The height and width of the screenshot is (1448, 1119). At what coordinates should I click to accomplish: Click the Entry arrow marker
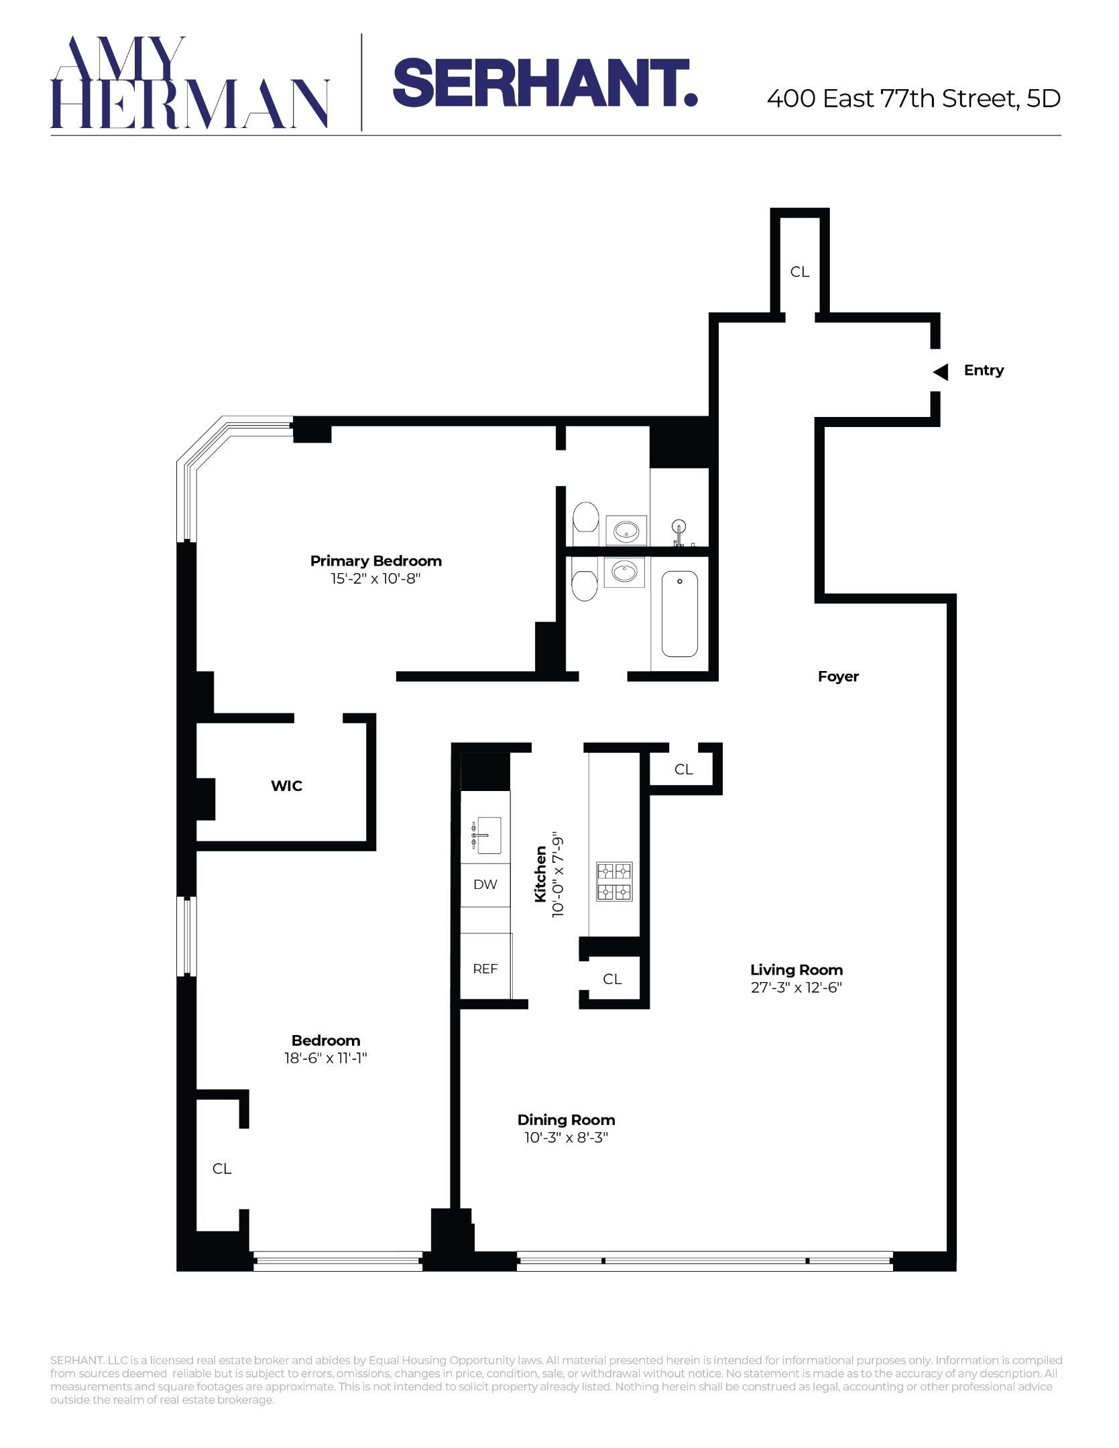tap(941, 371)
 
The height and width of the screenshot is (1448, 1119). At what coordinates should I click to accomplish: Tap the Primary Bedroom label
tap(375, 561)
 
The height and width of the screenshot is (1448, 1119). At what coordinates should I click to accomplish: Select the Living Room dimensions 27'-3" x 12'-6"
tap(796, 987)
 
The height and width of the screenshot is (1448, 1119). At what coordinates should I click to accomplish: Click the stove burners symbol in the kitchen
tap(614, 882)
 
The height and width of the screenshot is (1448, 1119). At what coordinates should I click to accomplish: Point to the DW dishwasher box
tap(485, 885)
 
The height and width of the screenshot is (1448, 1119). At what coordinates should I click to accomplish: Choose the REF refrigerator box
tap(485, 969)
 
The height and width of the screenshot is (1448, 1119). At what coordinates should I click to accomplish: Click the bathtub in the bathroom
tap(679, 613)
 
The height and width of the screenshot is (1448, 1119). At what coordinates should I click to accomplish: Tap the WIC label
tap(286, 786)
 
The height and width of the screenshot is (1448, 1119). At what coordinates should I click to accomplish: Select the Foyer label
tap(837, 676)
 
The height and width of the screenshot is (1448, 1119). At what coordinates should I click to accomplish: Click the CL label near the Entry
tap(799, 271)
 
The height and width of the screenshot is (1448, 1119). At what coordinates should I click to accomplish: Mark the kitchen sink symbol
tap(486, 836)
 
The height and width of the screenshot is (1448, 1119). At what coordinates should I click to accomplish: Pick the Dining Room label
tap(566, 1120)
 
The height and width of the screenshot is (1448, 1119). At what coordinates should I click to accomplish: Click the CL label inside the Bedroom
tap(222, 1168)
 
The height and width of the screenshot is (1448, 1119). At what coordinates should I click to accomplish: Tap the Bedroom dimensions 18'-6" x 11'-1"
tap(325, 1059)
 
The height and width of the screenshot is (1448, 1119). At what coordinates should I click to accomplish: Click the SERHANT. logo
tap(544, 82)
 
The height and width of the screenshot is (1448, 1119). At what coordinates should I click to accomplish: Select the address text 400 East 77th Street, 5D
tap(913, 99)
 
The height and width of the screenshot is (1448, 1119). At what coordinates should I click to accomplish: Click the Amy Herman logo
tap(189, 82)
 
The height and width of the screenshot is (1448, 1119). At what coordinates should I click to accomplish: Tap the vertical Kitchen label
tap(540, 874)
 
